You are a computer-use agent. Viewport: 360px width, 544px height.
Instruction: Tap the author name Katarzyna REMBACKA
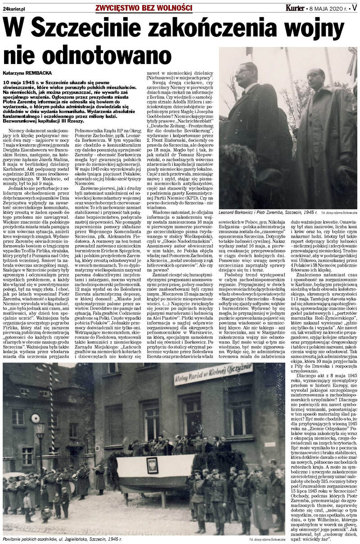coord(27,72)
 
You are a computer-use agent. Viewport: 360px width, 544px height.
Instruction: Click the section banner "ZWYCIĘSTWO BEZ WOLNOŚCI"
coord(144,8)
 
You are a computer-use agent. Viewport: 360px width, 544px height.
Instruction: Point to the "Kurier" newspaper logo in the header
coord(295,8)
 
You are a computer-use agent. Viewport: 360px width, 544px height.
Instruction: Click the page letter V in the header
coord(354,8)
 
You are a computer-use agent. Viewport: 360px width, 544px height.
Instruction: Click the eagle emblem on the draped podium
coord(152,463)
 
